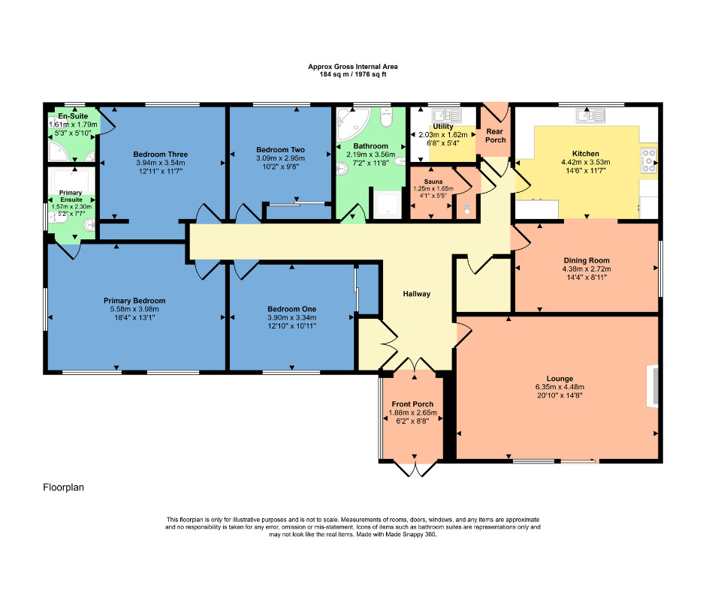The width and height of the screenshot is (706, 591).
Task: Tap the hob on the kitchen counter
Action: pos(648,158)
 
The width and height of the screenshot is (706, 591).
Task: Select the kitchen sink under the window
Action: pos(589,115)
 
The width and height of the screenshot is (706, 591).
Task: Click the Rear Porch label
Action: pos(495,135)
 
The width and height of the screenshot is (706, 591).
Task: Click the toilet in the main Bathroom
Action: pos(386,118)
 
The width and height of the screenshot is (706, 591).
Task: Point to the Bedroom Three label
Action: pos(160,154)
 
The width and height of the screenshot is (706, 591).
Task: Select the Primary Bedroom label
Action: pos(134,301)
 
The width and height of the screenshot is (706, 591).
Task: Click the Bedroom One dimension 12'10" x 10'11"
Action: pos(292,326)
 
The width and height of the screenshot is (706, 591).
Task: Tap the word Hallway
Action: pos(416,294)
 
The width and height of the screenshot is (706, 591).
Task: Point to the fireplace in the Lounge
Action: pos(652,387)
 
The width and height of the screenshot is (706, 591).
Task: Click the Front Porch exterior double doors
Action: pos(414,469)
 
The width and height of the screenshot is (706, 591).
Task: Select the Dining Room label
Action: pos(587,260)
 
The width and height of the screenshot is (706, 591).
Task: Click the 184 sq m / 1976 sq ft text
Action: pos(353,75)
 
